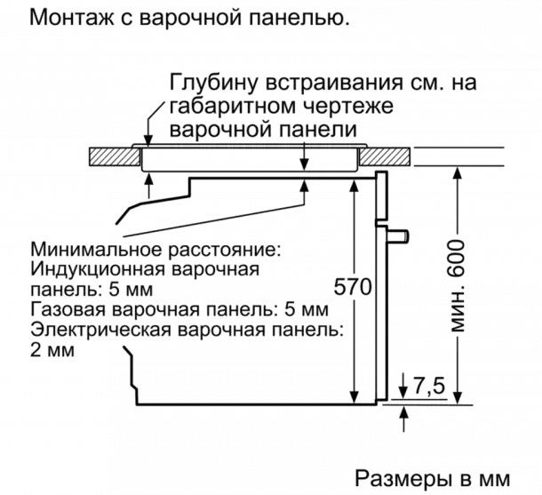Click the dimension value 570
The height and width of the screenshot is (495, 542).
point(352,286)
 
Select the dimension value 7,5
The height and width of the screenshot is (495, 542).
point(429,387)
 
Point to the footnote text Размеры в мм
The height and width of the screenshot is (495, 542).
point(433,479)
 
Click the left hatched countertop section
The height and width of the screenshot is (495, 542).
point(114,156)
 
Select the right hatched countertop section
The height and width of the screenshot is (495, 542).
point(385,156)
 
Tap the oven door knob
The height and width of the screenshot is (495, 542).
point(398,236)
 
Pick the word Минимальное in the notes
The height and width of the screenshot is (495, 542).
point(97,249)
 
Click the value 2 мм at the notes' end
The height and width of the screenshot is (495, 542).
point(52,350)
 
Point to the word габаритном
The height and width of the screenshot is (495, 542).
point(232,106)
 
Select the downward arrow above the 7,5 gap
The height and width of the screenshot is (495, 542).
point(403,385)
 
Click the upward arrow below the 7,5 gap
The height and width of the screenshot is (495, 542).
point(404,419)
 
